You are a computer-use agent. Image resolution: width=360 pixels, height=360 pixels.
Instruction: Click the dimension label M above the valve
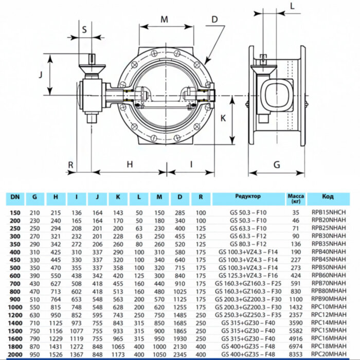(164, 20)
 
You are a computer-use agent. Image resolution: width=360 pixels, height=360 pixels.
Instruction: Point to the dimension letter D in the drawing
(214, 20)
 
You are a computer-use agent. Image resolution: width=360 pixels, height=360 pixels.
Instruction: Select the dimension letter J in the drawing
(40, 74)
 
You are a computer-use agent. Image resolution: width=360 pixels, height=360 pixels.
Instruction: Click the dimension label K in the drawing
(223, 118)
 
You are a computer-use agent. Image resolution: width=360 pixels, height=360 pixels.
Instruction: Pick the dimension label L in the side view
(292, 6)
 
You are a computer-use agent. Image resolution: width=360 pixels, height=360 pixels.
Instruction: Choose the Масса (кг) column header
(295, 199)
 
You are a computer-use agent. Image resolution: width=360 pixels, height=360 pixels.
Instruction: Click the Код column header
(328, 196)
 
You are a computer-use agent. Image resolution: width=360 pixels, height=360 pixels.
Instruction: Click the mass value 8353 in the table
(296, 354)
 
